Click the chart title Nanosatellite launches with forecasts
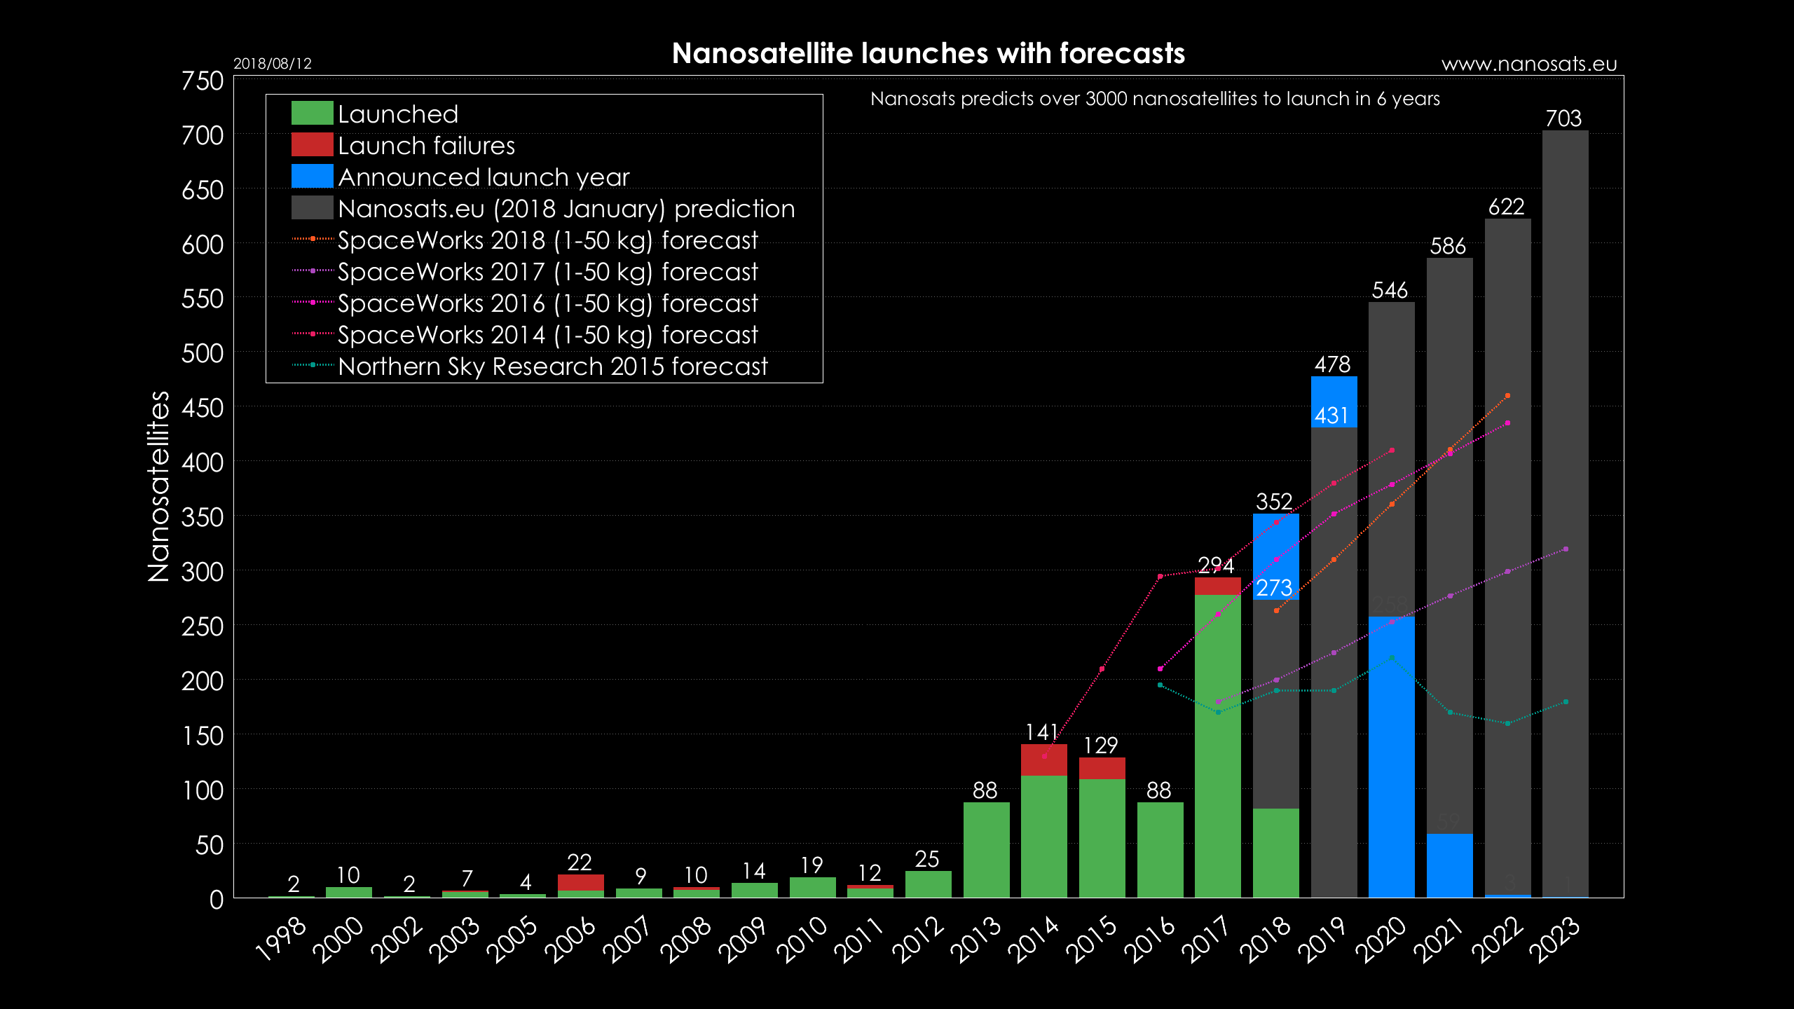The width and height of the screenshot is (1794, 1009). click(928, 53)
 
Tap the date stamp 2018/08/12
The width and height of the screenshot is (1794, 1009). click(272, 64)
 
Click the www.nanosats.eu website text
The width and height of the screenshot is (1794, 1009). click(1528, 64)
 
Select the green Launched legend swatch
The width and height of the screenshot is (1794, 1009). click(312, 114)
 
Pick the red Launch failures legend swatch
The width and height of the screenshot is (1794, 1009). click(312, 145)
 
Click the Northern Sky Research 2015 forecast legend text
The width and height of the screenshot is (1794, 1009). click(552, 366)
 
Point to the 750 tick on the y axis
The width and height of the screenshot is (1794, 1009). click(203, 81)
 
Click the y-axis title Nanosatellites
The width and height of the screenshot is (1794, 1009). click(159, 486)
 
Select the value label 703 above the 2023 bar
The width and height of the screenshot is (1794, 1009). click(1563, 118)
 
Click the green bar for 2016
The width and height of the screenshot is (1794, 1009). click(1160, 849)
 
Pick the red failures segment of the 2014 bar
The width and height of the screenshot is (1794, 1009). click(1043, 760)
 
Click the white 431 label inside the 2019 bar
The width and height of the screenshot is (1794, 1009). click(1331, 416)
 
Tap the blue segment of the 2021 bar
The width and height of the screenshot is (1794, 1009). click(1449, 865)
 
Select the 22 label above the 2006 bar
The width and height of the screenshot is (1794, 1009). click(580, 862)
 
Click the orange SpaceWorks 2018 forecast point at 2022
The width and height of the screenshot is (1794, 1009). click(1507, 396)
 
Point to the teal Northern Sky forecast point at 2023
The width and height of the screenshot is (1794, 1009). click(1566, 702)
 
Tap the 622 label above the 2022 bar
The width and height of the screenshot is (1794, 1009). click(1506, 207)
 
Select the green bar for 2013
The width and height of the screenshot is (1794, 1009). click(986, 849)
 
